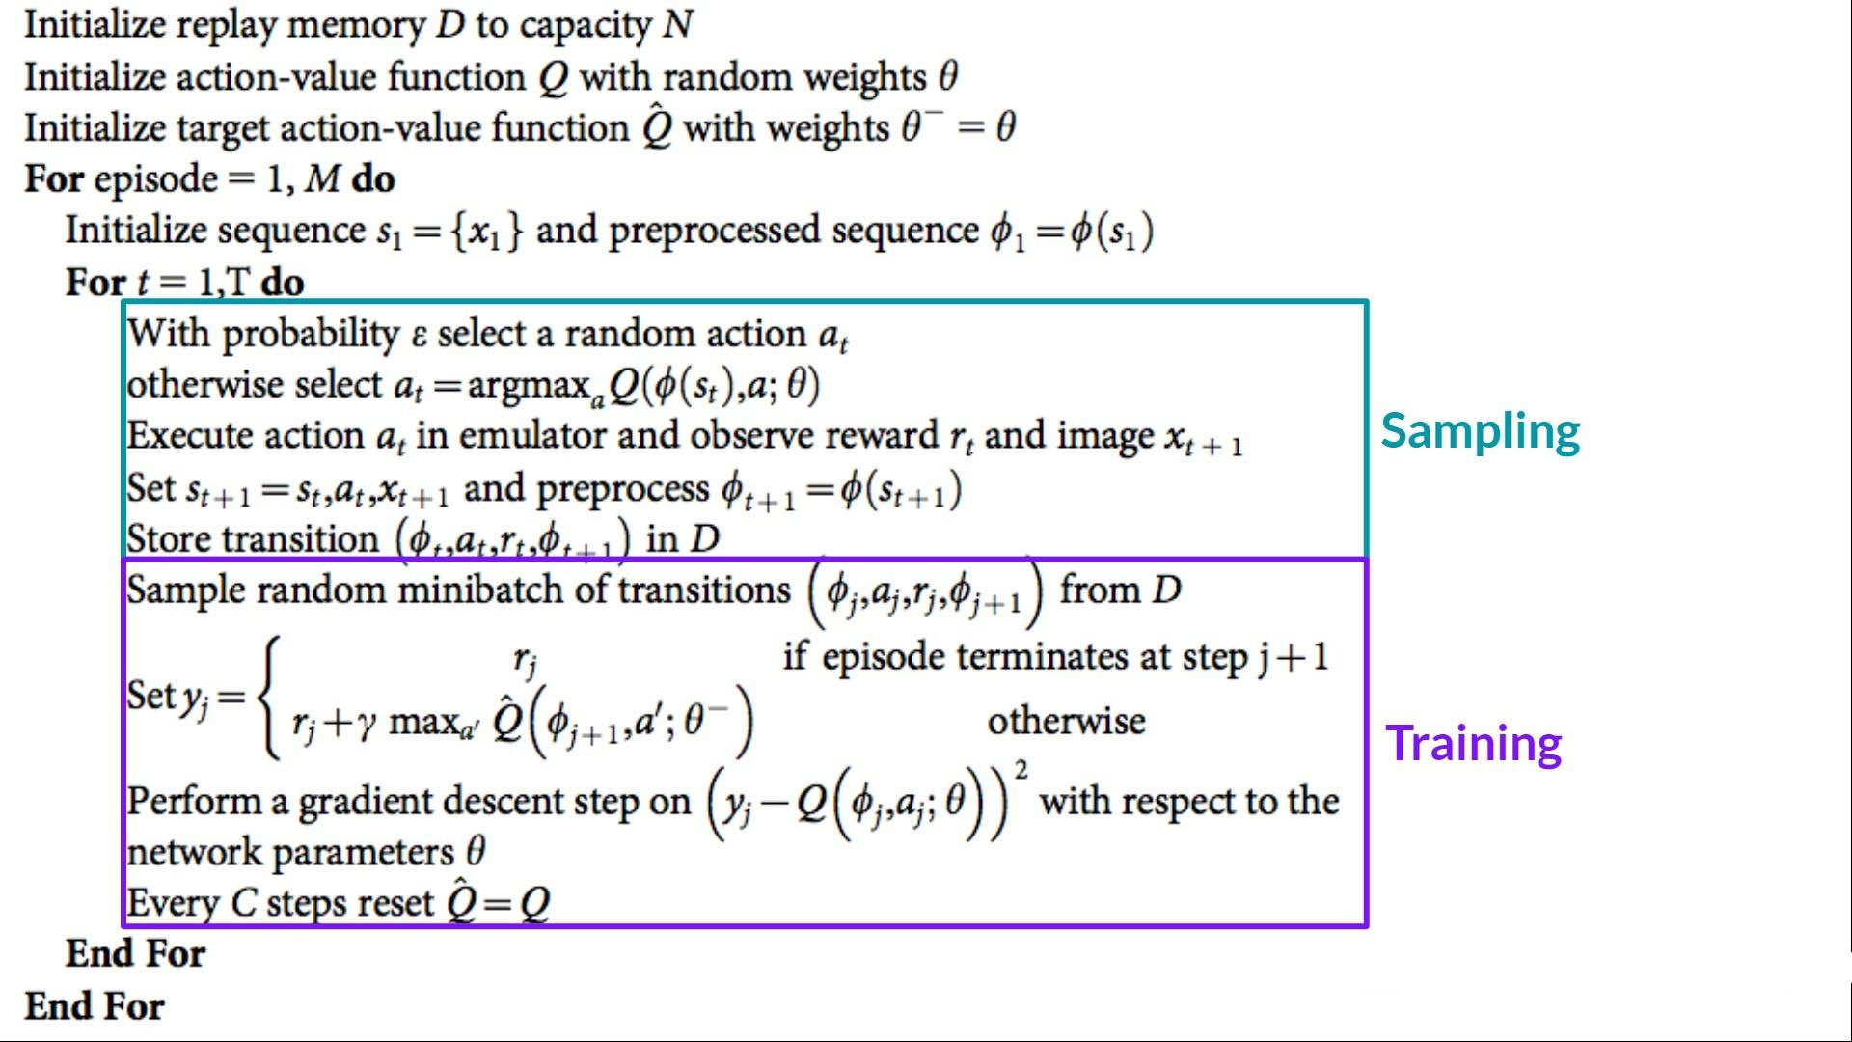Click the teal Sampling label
(x=1480, y=431)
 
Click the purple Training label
(x=1473, y=744)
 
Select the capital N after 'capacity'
(x=677, y=25)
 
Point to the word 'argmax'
(x=528, y=386)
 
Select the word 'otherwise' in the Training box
(x=1066, y=722)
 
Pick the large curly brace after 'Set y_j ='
(x=271, y=696)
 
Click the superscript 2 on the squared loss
(x=1021, y=770)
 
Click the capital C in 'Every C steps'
(x=244, y=904)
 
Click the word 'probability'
(x=311, y=335)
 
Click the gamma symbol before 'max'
(x=366, y=724)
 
